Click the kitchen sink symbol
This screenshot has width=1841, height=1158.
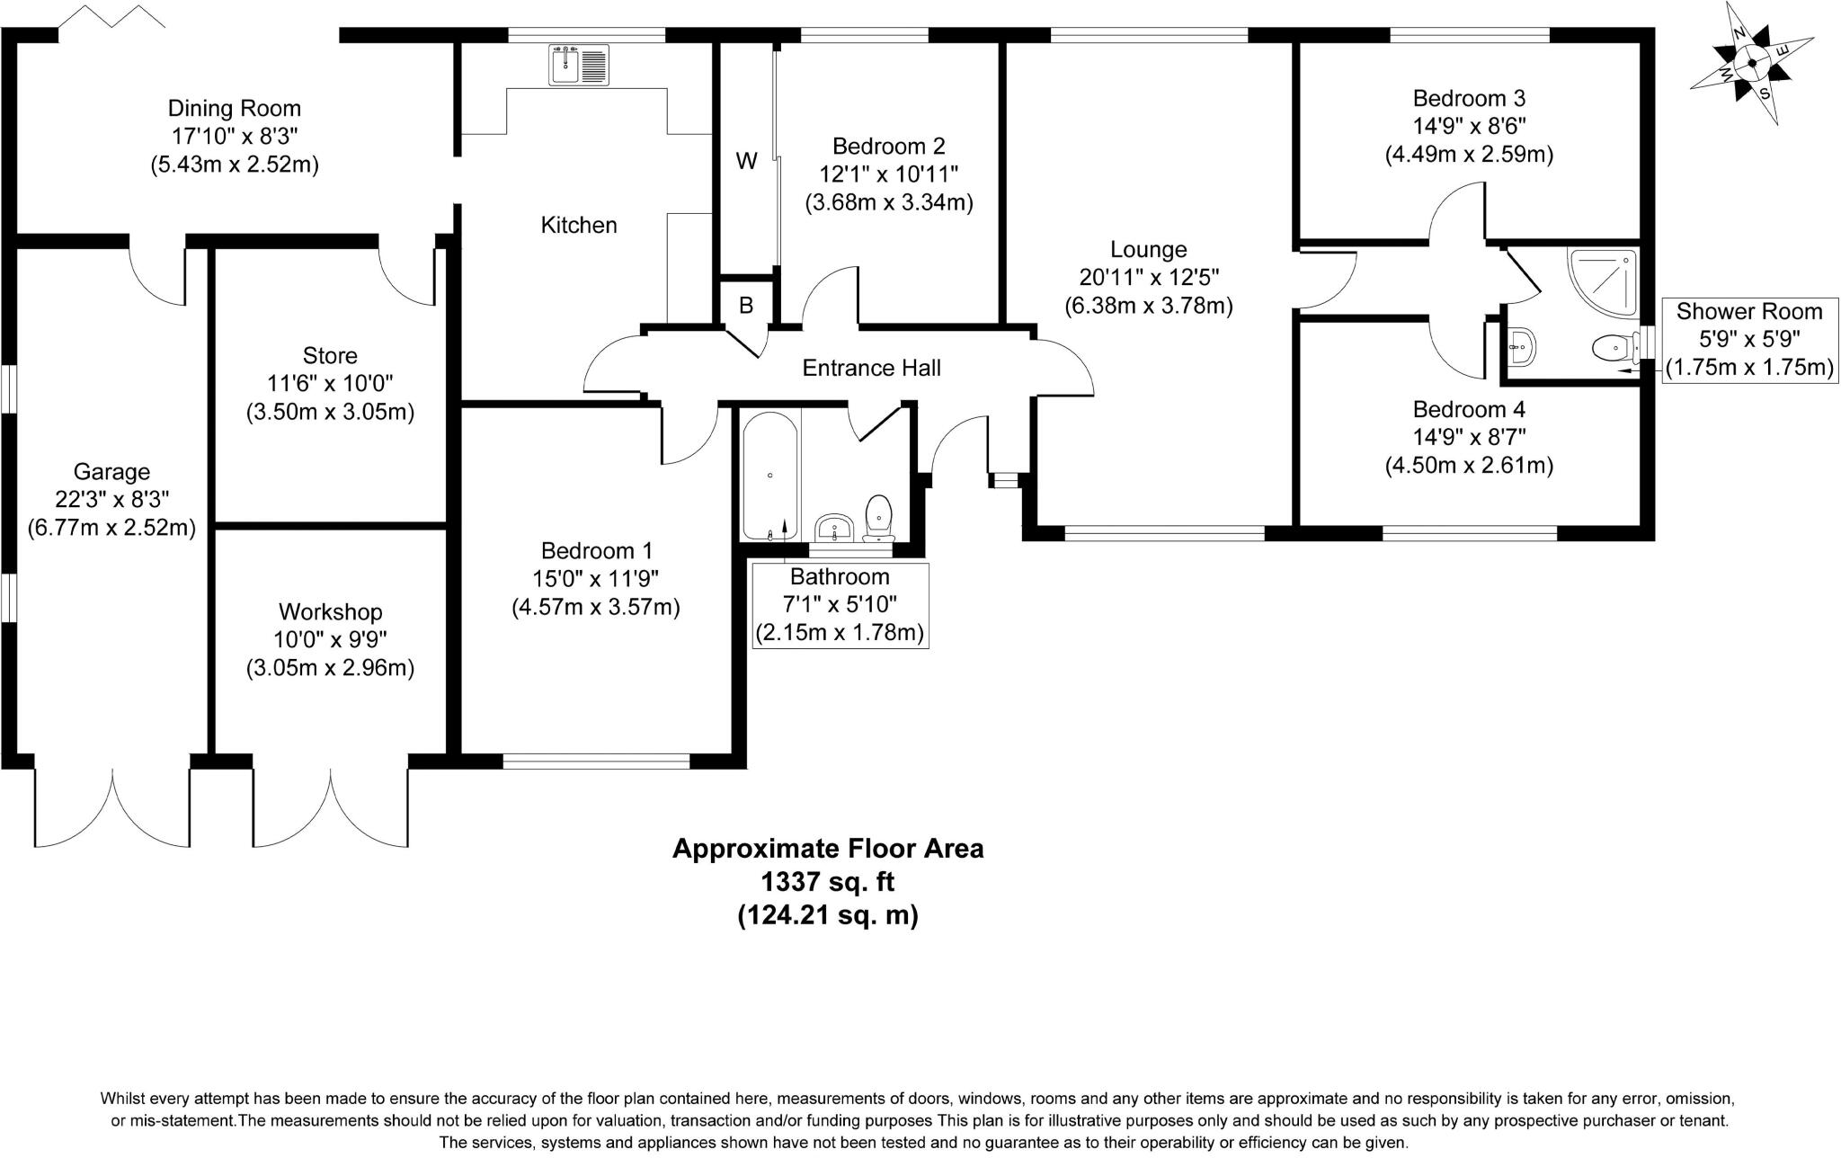click(579, 65)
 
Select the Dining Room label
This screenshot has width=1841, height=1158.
click(235, 109)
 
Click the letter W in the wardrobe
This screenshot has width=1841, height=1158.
click(746, 162)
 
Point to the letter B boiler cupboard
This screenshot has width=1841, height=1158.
click(746, 306)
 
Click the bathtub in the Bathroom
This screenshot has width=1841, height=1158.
click(770, 476)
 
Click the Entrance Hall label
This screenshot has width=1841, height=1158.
click(871, 368)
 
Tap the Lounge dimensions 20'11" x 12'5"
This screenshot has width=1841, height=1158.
click(1149, 278)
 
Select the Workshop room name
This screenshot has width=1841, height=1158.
click(331, 612)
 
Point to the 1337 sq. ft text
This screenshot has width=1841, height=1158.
click(828, 882)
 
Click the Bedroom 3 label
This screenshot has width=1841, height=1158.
click(1469, 98)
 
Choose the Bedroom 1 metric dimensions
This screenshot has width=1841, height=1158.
click(596, 607)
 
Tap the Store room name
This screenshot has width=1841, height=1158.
click(331, 356)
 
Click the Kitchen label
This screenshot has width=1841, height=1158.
click(579, 225)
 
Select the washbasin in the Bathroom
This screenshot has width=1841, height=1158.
click(835, 527)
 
